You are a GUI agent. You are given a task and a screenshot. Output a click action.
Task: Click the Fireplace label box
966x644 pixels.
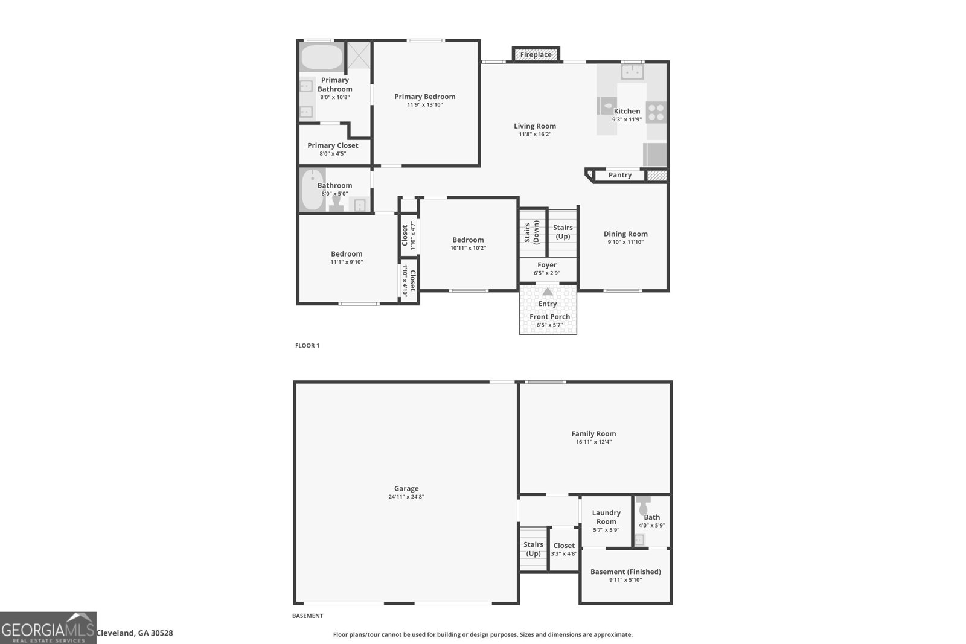point(536,54)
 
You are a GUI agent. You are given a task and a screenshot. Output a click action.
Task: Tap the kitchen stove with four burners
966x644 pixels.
point(656,112)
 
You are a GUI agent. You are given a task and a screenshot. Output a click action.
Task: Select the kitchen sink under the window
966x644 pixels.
point(632,72)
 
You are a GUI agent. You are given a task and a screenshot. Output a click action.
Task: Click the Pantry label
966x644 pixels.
point(619,175)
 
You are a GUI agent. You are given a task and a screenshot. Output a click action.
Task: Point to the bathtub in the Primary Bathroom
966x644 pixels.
point(322,57)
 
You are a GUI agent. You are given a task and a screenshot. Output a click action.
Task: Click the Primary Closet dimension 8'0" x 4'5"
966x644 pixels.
point(333,154)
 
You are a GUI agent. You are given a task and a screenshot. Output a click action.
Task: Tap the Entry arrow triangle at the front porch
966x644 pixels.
point(548,292)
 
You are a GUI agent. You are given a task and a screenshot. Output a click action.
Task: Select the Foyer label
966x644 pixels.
point(547,265)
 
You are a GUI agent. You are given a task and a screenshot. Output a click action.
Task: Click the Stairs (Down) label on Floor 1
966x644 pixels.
point(531,232)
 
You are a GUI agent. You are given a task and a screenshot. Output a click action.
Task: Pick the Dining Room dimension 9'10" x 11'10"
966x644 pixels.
point(625,242)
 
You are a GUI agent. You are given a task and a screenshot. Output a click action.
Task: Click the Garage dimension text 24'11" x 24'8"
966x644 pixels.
point(406,497)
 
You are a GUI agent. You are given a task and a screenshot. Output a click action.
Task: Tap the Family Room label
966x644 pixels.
point(593,433)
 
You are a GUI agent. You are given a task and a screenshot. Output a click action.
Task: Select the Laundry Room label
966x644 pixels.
point(606,517)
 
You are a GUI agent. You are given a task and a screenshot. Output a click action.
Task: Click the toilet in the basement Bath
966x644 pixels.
point(644,505)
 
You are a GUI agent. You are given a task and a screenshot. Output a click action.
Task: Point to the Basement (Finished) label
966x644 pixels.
point(625,572)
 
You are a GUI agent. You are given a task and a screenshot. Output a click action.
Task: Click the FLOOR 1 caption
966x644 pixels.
point(307,346)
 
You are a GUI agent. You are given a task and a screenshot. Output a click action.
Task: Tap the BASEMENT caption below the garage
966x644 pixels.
point(307,616)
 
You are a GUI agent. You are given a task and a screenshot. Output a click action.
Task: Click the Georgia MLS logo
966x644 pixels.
point(48,628)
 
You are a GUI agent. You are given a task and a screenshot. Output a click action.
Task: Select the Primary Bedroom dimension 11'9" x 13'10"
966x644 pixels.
point(425,105)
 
